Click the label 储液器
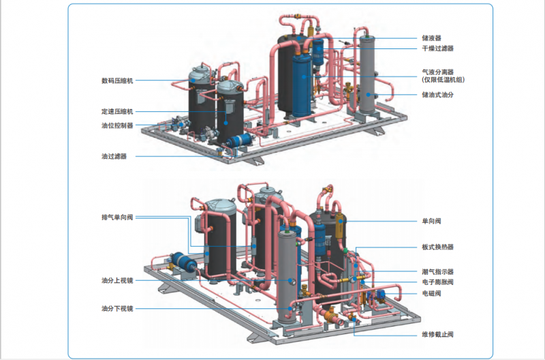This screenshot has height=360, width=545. [x=431, y=39]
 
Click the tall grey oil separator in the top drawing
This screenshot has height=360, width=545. [x=368, y=75]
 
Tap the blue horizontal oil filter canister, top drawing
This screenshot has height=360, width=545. [x=239, y=140]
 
